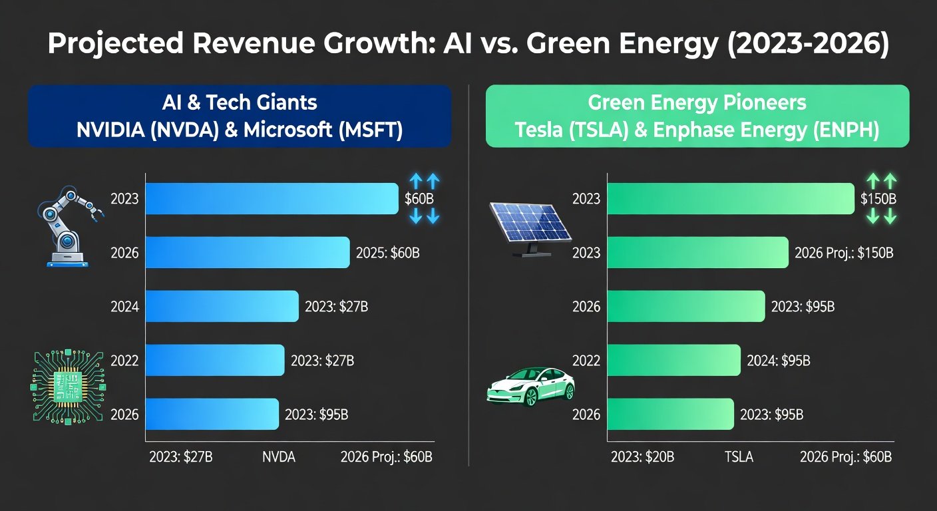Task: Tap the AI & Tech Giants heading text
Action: point(239,102)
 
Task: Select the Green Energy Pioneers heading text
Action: point(697,102)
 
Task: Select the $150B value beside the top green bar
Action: point(878,198)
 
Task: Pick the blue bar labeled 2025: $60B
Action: point(247,253)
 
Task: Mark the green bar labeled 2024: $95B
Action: point(673,361)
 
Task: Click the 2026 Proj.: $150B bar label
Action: point(844,253)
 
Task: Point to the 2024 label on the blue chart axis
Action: point(125,307)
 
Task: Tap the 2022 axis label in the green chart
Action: point(586,361)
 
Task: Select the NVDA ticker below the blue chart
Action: point(278,457)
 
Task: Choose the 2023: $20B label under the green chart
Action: point(643,457)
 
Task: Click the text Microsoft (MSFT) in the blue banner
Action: point(323,129)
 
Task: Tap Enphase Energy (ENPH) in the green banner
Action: point(787,129)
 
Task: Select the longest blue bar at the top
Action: point(272,198)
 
